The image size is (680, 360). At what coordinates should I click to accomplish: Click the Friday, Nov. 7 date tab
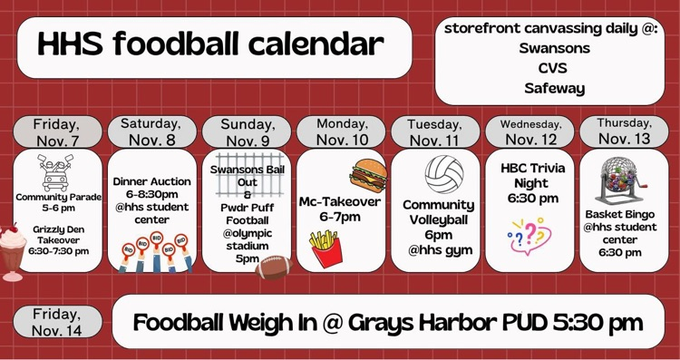[56, 131]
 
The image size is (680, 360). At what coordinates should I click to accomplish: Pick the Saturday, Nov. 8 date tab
[151, 131]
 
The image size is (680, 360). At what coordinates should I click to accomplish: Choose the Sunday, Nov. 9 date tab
[246, 131]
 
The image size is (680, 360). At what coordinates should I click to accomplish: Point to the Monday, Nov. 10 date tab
[341, 131]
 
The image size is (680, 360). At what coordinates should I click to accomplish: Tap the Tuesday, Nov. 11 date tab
[435, 131]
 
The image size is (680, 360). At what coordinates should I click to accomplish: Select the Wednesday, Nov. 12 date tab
[530, 131]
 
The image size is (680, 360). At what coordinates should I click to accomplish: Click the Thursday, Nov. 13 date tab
[624, 131]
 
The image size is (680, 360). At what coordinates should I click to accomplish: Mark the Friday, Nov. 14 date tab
[56, 322]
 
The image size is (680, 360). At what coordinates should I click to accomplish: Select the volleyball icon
[444, 174]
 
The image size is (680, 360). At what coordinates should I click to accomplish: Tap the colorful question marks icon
[529, 235]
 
